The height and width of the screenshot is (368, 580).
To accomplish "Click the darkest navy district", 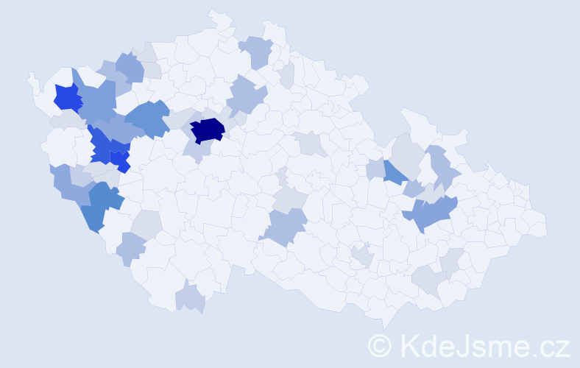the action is (207, 130).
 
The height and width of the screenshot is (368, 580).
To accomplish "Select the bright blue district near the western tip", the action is (67, 97).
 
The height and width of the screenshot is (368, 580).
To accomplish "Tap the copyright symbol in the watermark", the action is (381, 344).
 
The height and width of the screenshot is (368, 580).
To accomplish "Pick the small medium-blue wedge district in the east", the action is (395, 171).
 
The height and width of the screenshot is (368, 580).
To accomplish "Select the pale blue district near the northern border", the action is (256, 51).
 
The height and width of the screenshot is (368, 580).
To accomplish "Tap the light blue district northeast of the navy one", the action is (245, 96).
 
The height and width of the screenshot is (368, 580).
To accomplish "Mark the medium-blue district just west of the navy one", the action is (150, 118).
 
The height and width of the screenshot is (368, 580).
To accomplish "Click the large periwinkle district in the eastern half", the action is (434, 212).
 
